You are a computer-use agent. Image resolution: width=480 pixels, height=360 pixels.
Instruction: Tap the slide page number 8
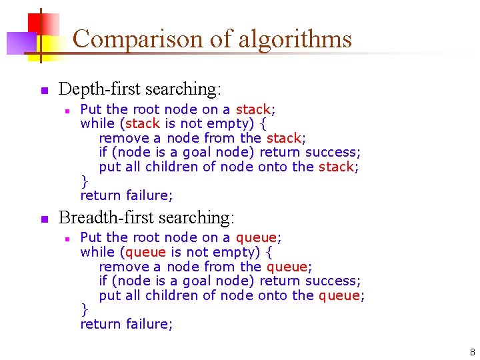pyautogui.click(x=472, y=352)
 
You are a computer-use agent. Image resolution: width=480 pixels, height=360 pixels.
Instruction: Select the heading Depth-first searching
pyautogui.click(x=140, y=89)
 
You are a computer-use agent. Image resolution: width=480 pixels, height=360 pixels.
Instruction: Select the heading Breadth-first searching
pyautogui.click(x=147, y=217)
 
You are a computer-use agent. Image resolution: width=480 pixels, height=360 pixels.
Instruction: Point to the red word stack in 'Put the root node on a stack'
pyautogui.click(x=253, y=109)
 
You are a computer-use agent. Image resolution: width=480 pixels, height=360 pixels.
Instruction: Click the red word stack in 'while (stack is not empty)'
pyautogui.click(x=143, y=123)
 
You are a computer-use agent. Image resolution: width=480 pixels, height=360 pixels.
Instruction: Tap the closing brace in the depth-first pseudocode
pyautogui.click(x=84, y=181)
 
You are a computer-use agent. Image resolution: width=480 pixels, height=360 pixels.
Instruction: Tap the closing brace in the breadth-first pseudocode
pyautogui.click(x=84, y=309)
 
